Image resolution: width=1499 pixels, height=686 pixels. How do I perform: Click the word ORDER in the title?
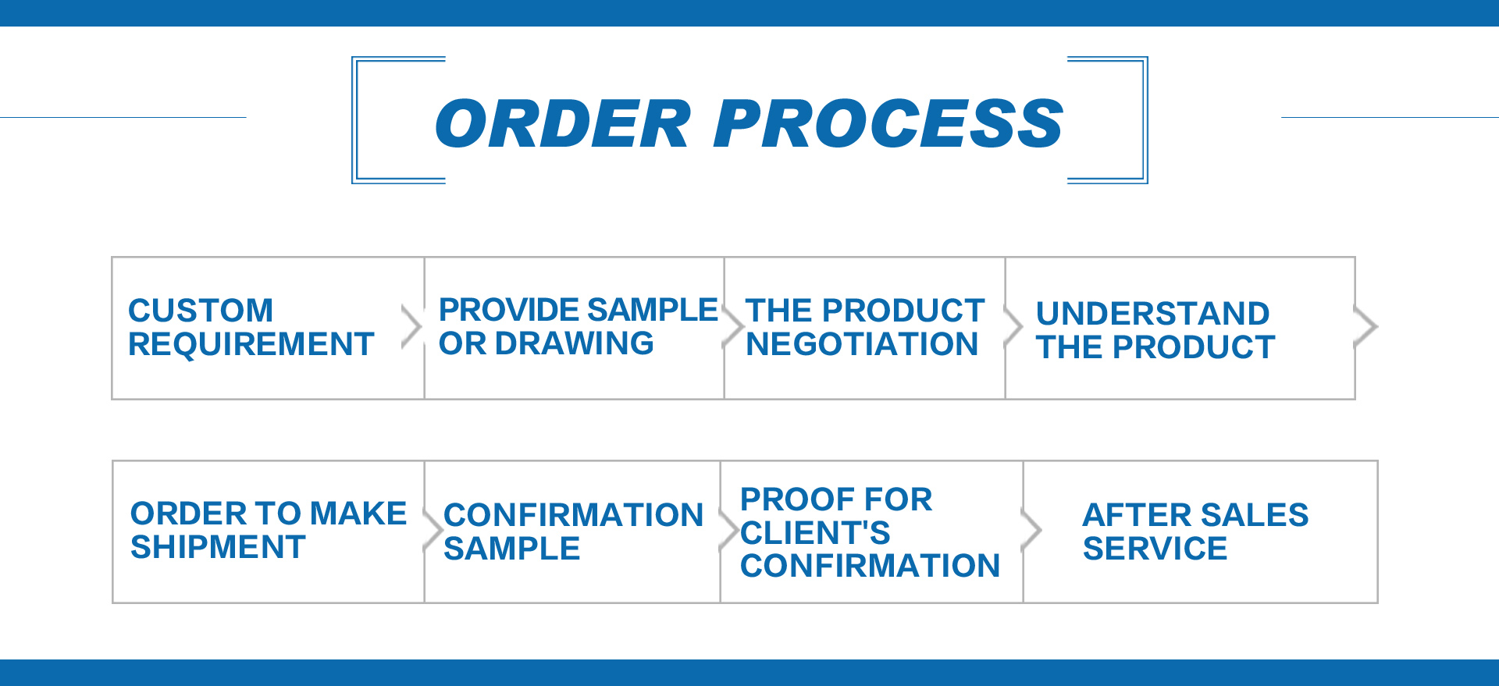563,124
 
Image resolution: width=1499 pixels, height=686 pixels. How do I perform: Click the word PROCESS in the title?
888,124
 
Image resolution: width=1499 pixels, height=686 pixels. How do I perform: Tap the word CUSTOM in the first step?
201,311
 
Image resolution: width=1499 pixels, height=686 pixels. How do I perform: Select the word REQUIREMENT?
251,344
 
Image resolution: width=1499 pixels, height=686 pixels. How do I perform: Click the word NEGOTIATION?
862,344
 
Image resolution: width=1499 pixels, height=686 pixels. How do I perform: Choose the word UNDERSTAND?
1152,314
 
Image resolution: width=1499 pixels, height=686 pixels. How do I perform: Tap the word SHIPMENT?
218,547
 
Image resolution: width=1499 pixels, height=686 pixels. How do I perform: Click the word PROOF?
788,499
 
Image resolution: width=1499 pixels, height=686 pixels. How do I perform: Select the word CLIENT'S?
815,533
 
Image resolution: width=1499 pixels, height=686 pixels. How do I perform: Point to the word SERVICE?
1155,549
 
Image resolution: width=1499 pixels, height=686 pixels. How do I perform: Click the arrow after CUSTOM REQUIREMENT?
411,326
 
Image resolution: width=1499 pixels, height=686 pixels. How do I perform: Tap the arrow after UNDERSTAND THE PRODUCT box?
1365,326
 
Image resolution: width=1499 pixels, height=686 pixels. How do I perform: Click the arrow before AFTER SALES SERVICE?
1031,530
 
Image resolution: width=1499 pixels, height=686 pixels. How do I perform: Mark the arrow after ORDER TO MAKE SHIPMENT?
433,530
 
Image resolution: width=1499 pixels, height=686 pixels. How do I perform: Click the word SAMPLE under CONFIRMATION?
511,549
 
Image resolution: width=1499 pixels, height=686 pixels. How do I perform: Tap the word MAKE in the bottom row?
358,514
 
